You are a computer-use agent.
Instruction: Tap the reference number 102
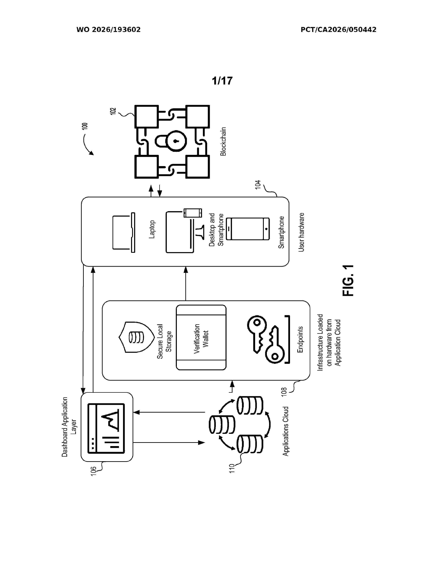[x=113, y=111]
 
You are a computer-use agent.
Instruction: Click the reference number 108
[x=284, y=392]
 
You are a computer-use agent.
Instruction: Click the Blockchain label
[x=223, y=142]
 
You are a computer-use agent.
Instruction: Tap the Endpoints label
[x=300, y=339]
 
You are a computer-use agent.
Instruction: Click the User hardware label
[x=301, y=232]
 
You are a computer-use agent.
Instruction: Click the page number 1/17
[x=222, y=81]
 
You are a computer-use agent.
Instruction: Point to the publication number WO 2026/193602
[x=109, y=30]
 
